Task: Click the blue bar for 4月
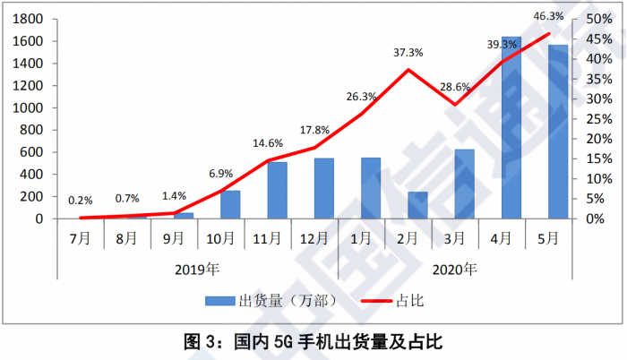511,128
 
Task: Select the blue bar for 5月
557,132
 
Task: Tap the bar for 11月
277,190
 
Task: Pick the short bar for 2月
417,205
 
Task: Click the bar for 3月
464,184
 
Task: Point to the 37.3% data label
408,53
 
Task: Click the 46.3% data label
548,15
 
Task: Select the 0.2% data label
82,201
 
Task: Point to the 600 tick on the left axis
35,152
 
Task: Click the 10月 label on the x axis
219,239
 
